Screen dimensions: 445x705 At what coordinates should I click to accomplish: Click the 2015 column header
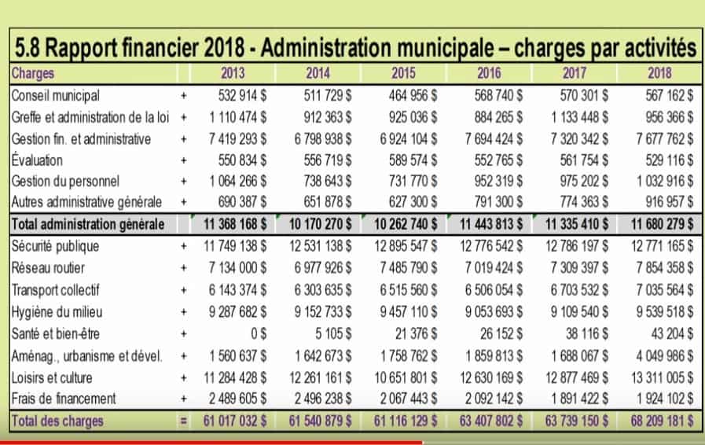(x=403, y=73)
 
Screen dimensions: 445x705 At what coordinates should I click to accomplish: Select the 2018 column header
(x=659, y=73)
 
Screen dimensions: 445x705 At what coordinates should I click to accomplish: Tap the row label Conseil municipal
(x=55, y=96)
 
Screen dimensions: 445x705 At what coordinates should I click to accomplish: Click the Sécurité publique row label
(x=55, y=246)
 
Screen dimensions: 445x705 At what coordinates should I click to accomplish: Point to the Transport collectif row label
(x=55, y=290)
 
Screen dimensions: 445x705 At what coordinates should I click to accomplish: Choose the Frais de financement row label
(x=64, y=399)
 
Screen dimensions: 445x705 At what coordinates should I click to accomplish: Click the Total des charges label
(x=57, y=421)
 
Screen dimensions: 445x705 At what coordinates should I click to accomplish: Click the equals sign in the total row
(x=184, y=421)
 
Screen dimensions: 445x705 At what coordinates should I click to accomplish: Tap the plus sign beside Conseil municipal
(x=184, y=96)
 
